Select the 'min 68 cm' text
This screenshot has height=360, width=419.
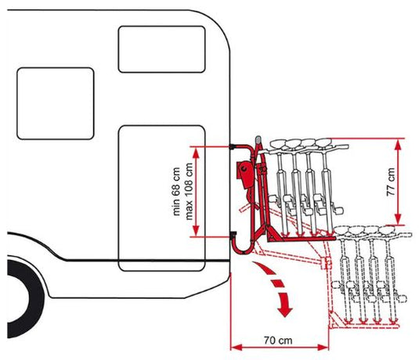177,191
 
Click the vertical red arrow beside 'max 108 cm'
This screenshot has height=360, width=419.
201,191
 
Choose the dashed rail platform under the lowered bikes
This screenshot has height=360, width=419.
368,321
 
